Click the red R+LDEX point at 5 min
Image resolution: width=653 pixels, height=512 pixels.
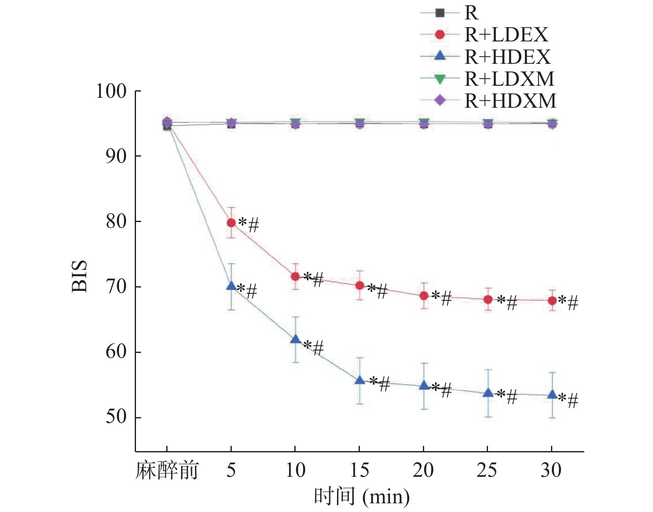(x=231, y=223)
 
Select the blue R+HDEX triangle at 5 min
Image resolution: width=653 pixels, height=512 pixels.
(x=231, y=286)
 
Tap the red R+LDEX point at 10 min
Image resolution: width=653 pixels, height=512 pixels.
(x=295, y=276)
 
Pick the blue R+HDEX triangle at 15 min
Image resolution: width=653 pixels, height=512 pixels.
(x=359, y=380)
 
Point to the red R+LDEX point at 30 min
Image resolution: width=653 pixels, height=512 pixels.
(x=552, y=301)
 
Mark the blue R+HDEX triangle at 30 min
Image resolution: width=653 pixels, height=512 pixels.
(x=552, y=394)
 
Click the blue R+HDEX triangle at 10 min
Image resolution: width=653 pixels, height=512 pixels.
(x=295, y=339)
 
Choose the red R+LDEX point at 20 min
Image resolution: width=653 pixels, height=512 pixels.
(x=424, y=296)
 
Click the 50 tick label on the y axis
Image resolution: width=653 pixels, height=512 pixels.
(x=116, y=417)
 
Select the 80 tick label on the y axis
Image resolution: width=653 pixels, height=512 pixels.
(x=116, y=221)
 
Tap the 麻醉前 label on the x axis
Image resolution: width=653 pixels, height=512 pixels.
(x=167, y=471)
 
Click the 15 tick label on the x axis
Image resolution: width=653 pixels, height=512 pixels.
(x=359, y=471)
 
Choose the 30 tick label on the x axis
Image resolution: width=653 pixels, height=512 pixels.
(x=551, y=471)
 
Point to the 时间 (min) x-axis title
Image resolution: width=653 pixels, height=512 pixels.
(x=362, y=496)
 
